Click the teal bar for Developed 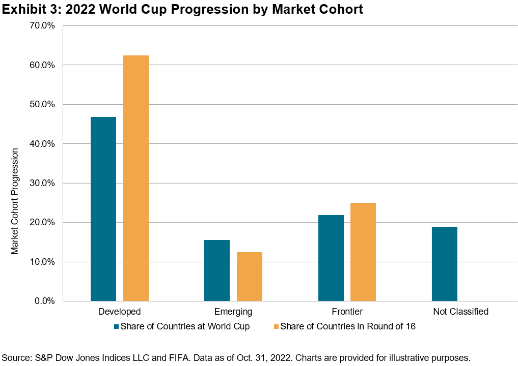click(103, 209)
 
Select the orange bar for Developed click(136, 178)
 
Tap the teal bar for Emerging click(217, 270)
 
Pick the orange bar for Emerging click(250, 277)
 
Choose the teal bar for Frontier click(331, 258)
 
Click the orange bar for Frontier click(363, 252)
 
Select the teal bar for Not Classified click(445, 264)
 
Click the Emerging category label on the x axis click(233, 312)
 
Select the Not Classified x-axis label click(460, 312)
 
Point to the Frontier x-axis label click(347, 312)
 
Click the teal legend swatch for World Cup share click(117, 326)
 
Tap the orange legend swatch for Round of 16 click(276, 326)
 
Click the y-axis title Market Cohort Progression click(15, 201)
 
